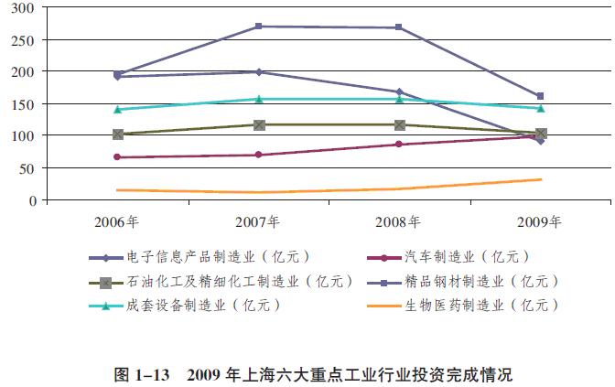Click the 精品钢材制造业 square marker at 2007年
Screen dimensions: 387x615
pos(259,27)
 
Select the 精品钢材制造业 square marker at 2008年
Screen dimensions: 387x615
pos(399,27)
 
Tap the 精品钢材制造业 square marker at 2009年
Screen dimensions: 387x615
pos(540,96)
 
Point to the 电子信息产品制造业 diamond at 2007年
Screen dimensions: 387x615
pos(259,71)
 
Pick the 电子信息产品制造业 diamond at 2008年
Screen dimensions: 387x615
pos(399,91)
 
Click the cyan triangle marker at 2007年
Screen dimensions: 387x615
pos(259,99)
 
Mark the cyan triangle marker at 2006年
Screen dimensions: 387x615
pos(118,109)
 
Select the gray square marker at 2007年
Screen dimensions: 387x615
pos(259,124)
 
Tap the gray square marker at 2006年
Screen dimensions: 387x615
pos(118,134)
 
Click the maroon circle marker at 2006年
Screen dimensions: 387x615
pos(118,157)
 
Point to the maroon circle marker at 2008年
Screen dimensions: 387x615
pos(399,145)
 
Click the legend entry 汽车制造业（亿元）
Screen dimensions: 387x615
pos(467,257)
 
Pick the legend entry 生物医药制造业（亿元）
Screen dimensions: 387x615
pos(481,305)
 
